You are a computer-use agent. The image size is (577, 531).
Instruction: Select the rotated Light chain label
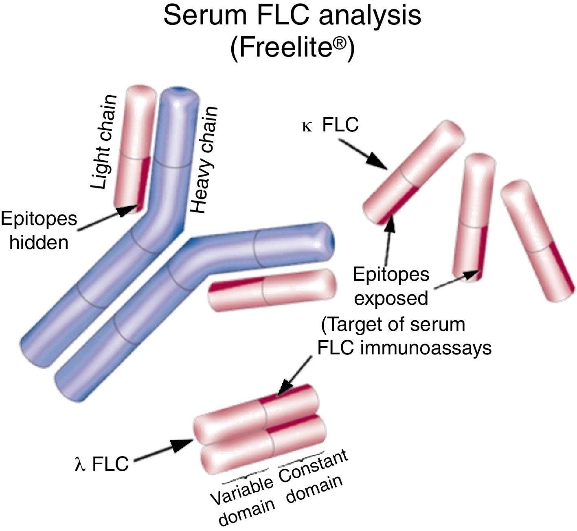(103, 142)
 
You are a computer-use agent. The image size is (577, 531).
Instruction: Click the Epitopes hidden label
(39, 230)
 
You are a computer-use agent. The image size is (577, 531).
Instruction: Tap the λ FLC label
(101, 464)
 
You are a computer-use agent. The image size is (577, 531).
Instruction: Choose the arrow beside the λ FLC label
(163, 450)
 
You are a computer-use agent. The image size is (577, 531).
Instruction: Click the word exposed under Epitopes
(391, 299)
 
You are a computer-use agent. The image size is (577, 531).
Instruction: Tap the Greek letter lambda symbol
(79, 465)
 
